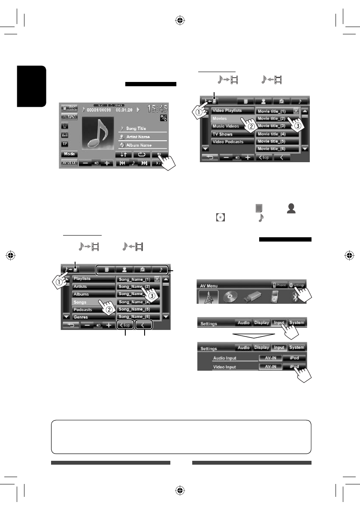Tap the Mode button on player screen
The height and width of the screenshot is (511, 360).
point(69,154)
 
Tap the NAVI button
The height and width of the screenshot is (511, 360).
point(69,117)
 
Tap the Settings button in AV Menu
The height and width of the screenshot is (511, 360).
point(296,285)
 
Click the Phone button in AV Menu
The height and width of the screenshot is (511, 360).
point(279,285)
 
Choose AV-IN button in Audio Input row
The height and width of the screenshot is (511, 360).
point(270,358)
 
